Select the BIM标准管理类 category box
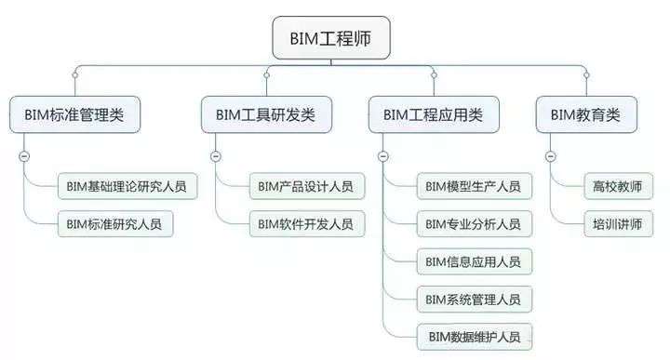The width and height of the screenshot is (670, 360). coord(74,115)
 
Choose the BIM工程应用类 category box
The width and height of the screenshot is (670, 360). coord(433,115)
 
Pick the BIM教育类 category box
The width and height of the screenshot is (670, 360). coord(585,115)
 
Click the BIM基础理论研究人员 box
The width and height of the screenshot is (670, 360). coord(127,186)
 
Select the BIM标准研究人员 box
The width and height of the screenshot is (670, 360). coord(114,223)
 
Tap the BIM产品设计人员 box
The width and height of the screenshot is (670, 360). coord(306,186)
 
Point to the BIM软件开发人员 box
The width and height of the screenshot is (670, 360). coord(306,223)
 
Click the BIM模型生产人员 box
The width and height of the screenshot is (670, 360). coord(473,186)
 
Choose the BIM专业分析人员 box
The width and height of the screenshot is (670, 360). coord(473,223)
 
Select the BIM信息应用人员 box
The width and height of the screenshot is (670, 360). coord(473,261)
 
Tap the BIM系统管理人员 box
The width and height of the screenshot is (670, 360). coord(473,299)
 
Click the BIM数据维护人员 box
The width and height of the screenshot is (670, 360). coord(473,335)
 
